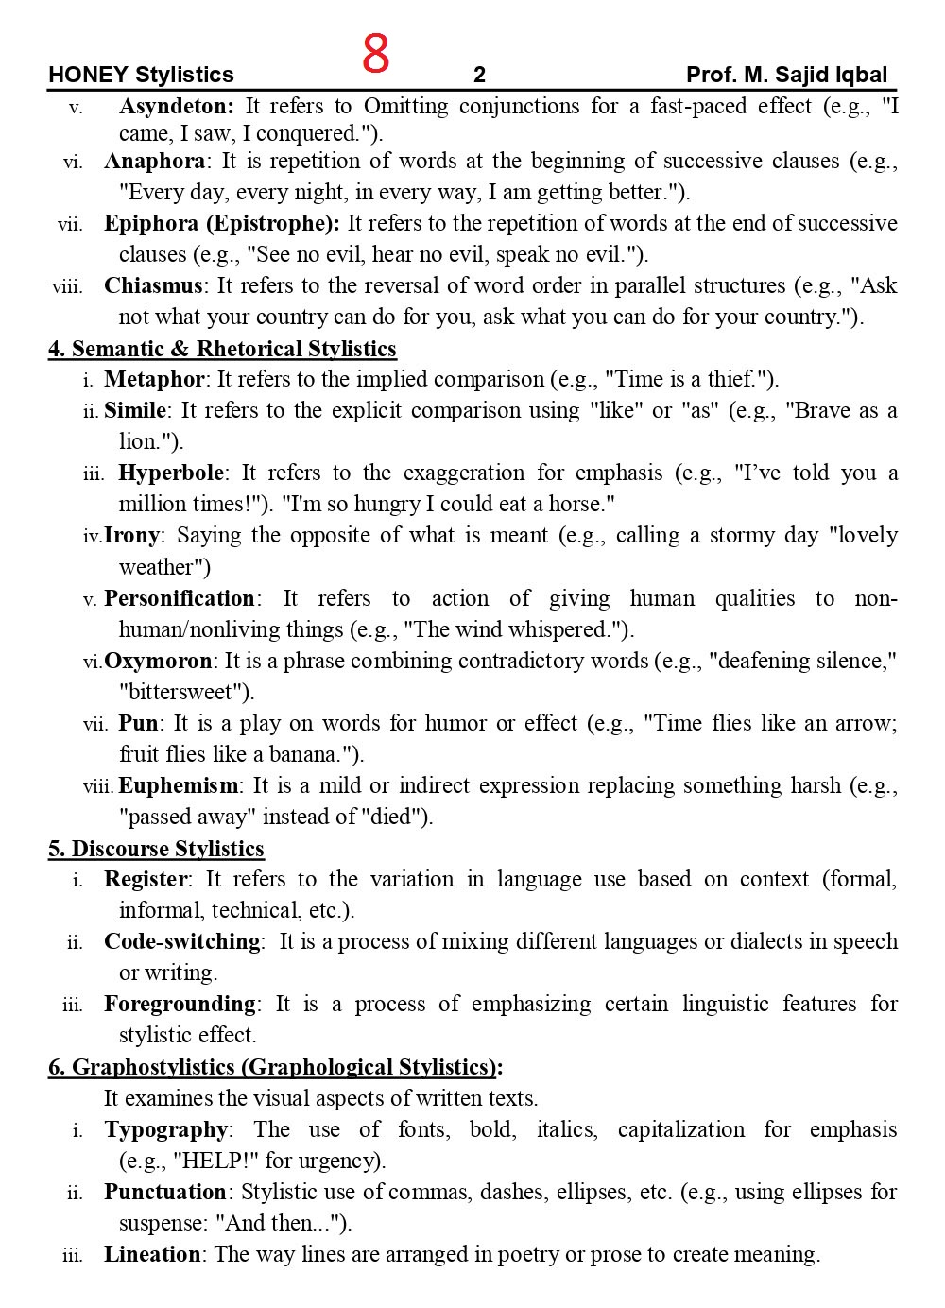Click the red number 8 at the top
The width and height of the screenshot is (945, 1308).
375,54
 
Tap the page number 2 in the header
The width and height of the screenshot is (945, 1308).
479,75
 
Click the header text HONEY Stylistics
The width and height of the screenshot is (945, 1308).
141,75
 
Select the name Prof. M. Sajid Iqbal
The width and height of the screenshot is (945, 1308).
786,75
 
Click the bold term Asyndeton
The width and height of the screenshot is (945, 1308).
176,106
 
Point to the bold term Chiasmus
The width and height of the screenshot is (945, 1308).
153,285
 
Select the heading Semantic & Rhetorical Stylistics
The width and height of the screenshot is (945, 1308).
223,349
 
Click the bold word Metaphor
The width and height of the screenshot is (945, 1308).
153,379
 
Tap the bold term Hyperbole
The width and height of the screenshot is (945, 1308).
171,473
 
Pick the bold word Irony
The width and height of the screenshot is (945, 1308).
131,535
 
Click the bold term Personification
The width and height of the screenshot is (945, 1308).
179,598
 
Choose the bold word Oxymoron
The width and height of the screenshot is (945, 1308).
158,661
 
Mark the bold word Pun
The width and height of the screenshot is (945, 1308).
138,723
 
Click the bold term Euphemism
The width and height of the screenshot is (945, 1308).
179,785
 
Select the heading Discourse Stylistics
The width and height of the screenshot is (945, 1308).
157,849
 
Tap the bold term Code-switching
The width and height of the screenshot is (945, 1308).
182,941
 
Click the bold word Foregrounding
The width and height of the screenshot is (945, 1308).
180,1004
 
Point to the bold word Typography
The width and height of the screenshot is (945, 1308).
165,1129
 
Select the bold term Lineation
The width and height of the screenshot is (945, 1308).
152,1254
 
